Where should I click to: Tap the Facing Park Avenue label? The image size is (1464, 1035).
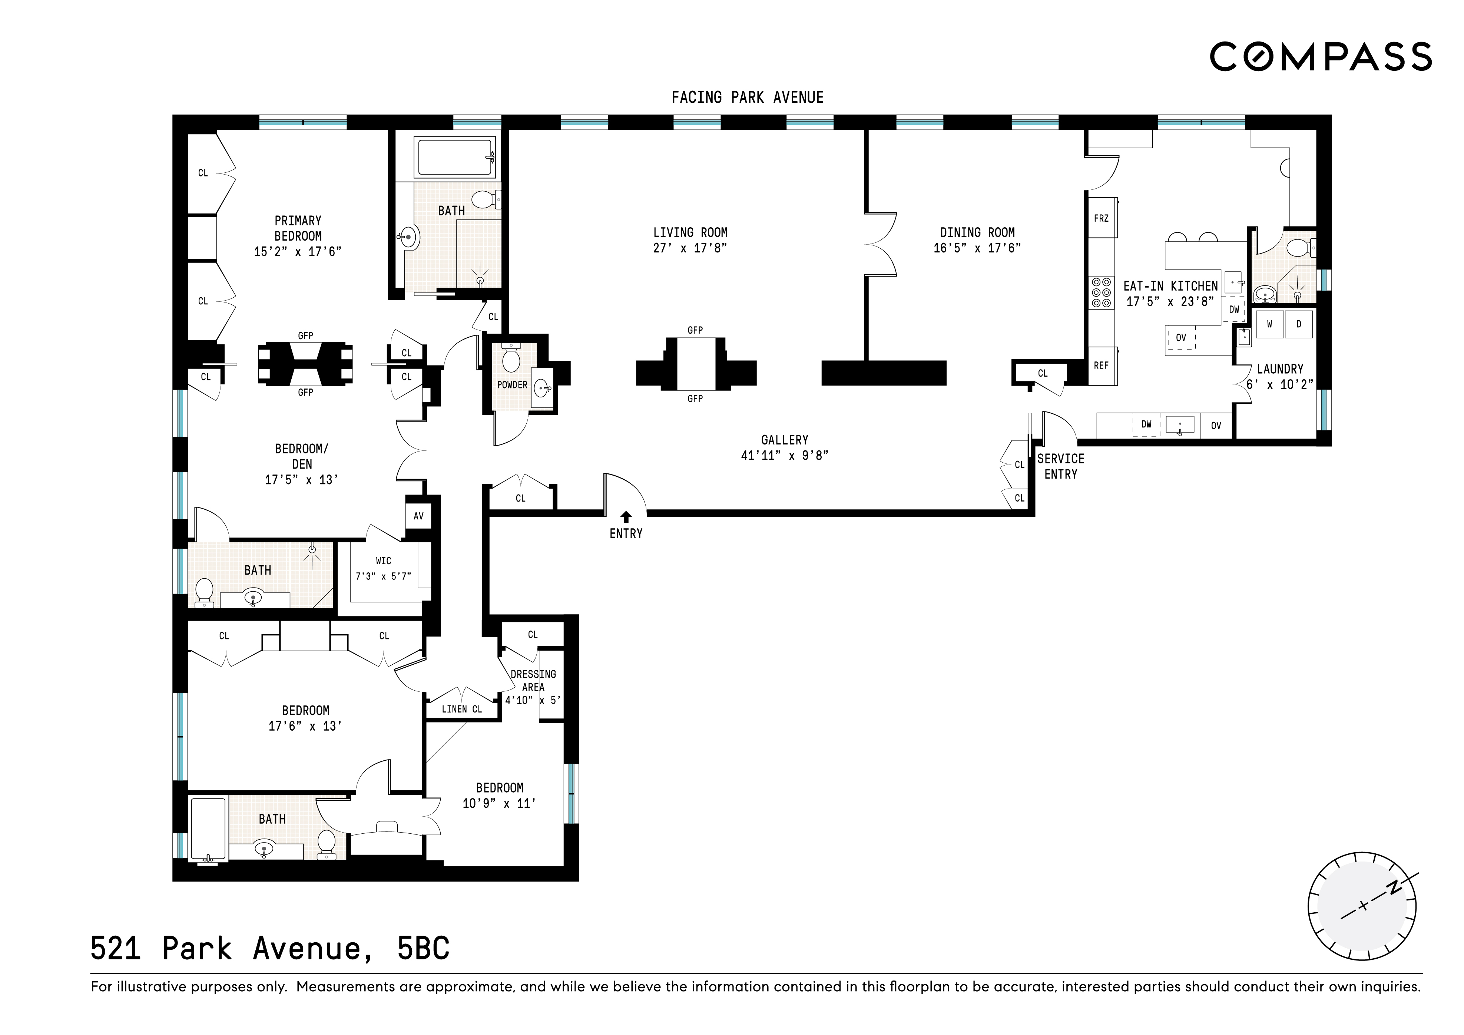(x=747, y=97)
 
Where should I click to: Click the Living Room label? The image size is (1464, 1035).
(x=690, y=233)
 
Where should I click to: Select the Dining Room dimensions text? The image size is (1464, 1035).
(x=977, y=248)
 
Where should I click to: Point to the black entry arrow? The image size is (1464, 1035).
(x=626, y=517)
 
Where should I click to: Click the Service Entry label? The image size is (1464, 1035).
(x=1060, y=466)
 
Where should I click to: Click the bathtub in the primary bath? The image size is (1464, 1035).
(x=455, y=157)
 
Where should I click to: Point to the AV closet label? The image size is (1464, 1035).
(x=418, y=516)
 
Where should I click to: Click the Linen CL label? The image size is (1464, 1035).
(x=462, y=709)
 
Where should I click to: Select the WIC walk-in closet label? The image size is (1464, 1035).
(x=383, y=561)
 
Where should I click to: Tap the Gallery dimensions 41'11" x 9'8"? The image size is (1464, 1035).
(x=784, y=455)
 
